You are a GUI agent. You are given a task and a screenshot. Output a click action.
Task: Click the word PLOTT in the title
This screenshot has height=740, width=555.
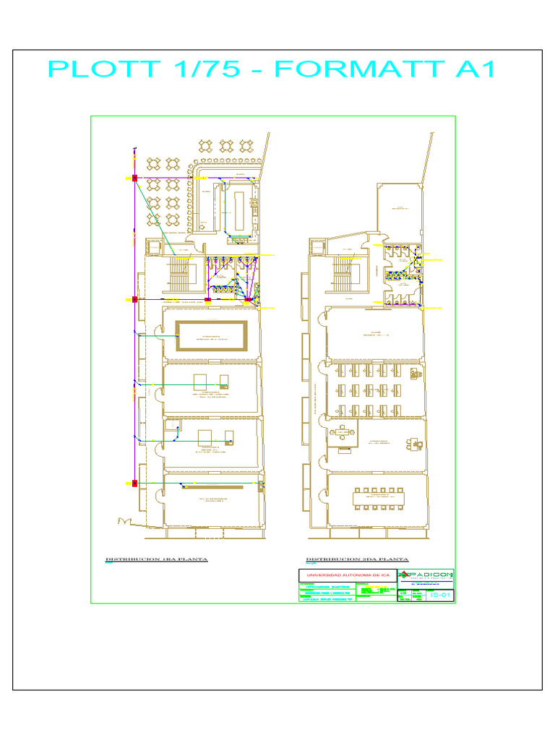pyautogui.click(x=104, y=69)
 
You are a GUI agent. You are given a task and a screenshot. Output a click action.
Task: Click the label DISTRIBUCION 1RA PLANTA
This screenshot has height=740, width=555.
pyautogui.click(x=156, y=560)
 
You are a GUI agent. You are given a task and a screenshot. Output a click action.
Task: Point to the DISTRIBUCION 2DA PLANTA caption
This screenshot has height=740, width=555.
pyautogui.click(x=357, y=560)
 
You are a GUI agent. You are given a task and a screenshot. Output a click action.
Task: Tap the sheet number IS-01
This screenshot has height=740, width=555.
pyautogui.click(x=440, y=594)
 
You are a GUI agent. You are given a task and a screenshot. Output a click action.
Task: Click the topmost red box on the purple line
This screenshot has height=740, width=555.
pyautogui.click(x=134, y=177)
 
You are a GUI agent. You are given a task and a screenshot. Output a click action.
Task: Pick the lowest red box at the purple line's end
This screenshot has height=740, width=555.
pyautogui.click(x=134, y=483)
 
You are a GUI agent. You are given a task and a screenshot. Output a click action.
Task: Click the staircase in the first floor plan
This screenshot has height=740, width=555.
pyautogui.click(x=178, y=275)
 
